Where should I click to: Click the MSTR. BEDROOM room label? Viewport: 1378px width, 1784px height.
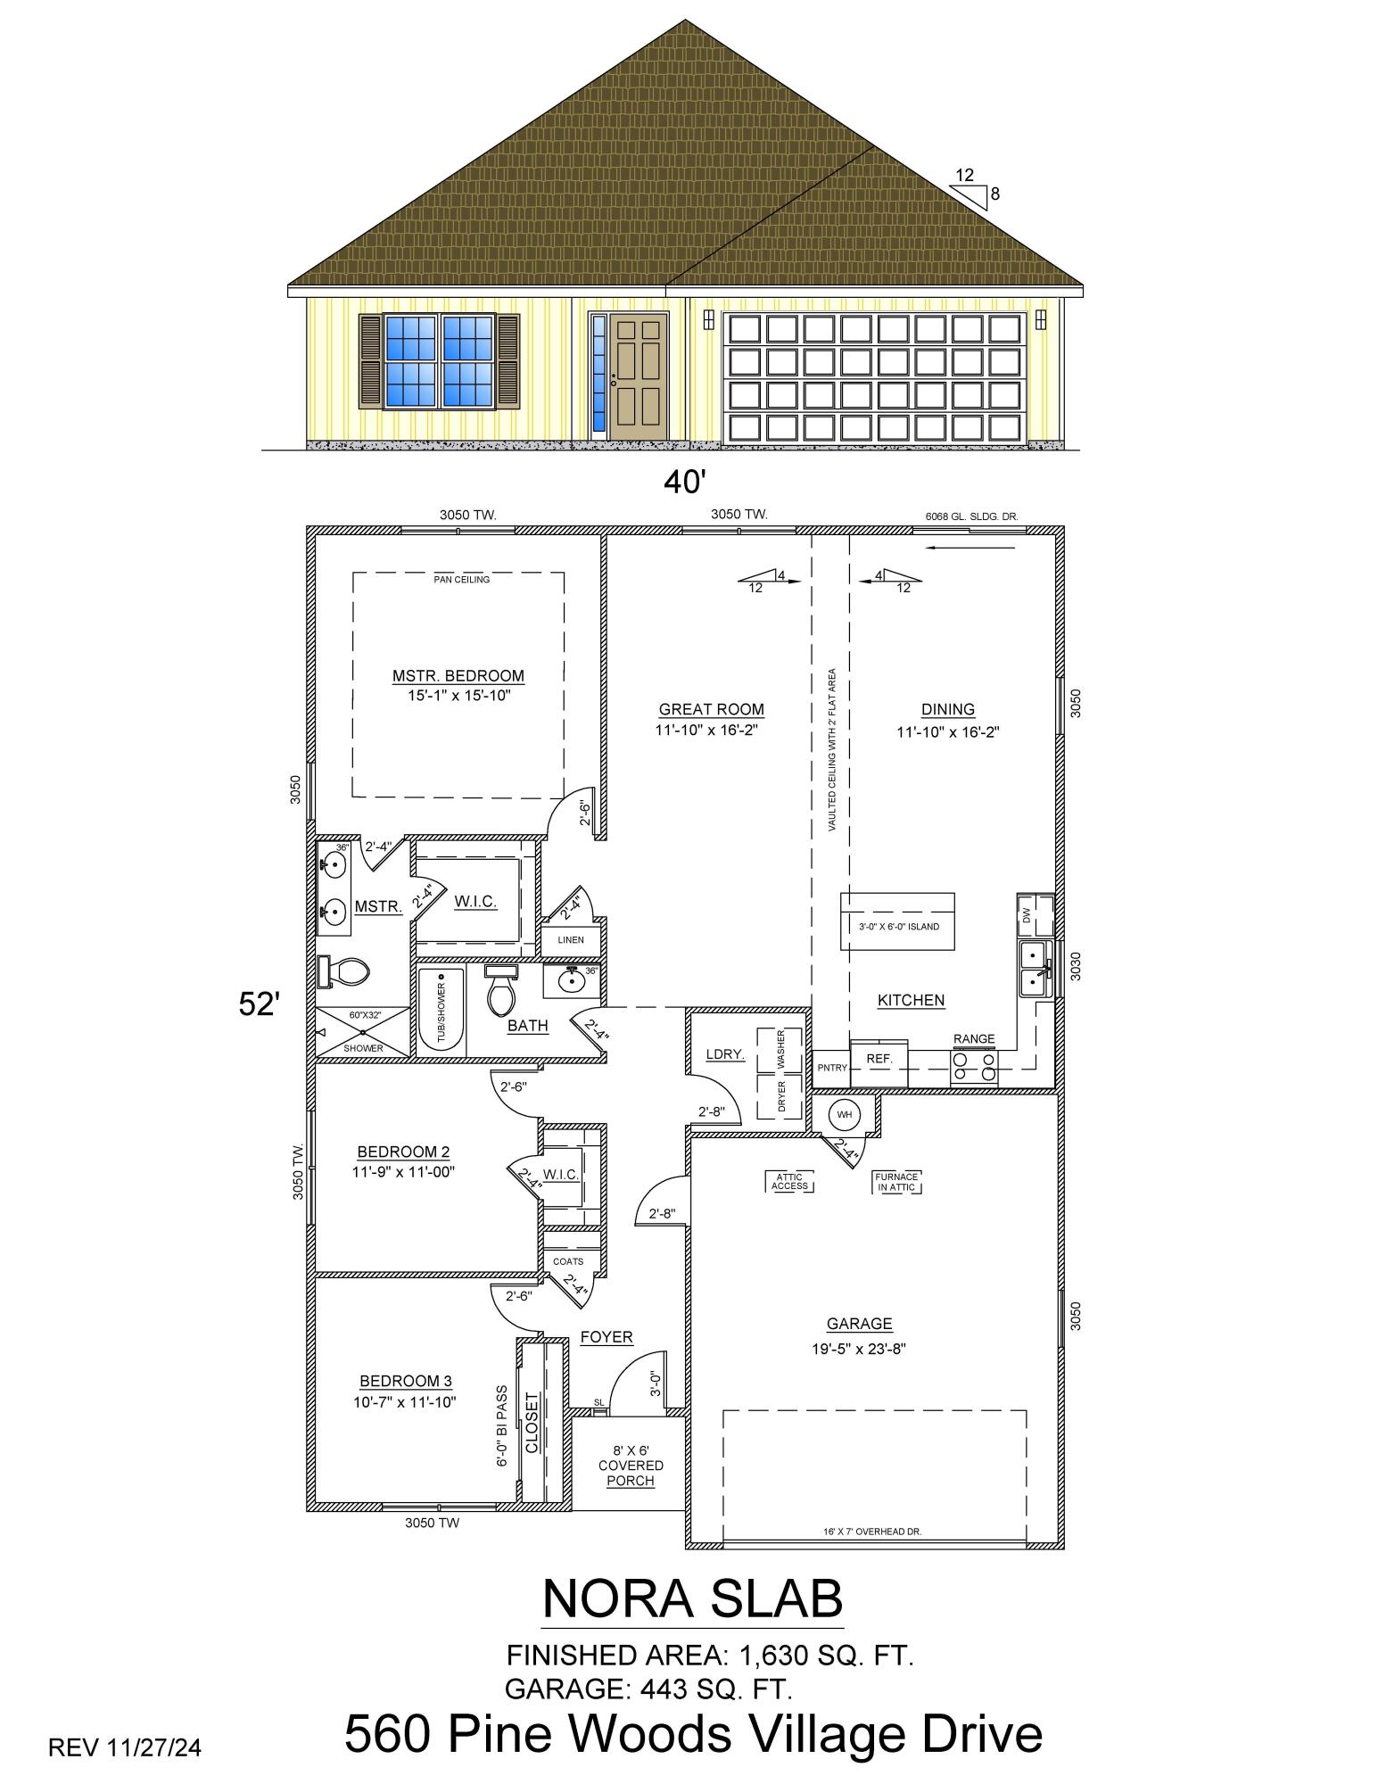pyautogui.click(x=458, y=675)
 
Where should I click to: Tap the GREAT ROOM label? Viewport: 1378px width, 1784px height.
pyautogui.click(x=711, y=709)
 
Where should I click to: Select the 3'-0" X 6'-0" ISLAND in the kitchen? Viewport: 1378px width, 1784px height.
pyautogui.click(x=897, y=921)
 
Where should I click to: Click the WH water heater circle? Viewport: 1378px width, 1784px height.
pyautogui.click(x=843, y=1114)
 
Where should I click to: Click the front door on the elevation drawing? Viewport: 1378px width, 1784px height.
pyautogui.click(x=639, y=376)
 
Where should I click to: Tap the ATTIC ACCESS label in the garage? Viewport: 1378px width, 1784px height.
pyautogui.click(x=789, y=1181)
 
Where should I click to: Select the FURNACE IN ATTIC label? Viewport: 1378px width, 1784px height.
pyautogui.click(x=896, y=1181)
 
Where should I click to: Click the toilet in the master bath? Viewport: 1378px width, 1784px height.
pyautogui.click(x=343, y=971)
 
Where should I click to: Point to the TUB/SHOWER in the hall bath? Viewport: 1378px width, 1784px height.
pyautogui.click(x=441, y=1009)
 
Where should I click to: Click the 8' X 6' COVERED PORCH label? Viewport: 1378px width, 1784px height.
pyautogui.click(x=631, y=1466)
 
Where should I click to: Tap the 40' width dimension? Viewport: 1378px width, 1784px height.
pyautogui.click(x=684, y=483)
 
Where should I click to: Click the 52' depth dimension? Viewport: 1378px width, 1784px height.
pyautogui.click(x=260, y=1004)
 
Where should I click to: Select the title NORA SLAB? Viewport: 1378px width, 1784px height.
pyautogui.click(x=692, y=1598)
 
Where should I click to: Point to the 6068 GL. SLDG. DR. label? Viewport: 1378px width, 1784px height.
pyautogui.click(x=972, y=516)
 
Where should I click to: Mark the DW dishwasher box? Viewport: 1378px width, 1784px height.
pyautogui.click(x=1027, y=915)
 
